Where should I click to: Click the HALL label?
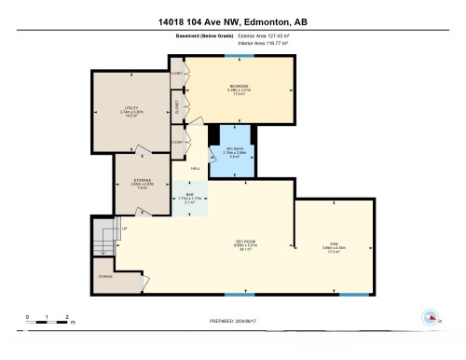pos(196,168)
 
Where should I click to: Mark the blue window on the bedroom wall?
pos(233,58)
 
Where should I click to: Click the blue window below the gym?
pos(352,295)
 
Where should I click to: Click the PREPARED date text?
pos(234,322)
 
